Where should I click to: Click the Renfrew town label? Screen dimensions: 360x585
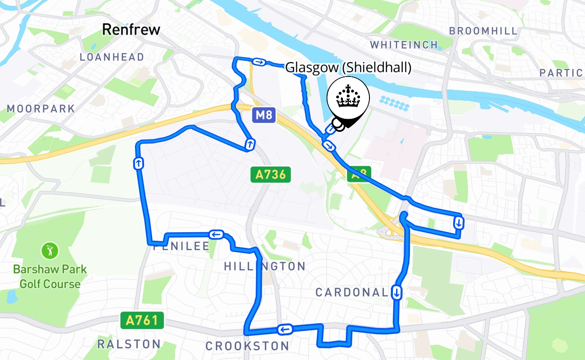click(x=131, y=30)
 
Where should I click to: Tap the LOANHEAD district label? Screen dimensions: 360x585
click(x=112, y=57)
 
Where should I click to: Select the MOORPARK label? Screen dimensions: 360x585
click(x=41, y=109)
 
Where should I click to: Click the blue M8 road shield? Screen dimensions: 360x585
click(x=263, y=116)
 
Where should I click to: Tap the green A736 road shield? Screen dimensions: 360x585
click(x=270, y=175)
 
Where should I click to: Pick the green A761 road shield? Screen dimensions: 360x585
click(x=142, y=320)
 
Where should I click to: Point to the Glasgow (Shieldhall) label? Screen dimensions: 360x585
click(x=349, y=67)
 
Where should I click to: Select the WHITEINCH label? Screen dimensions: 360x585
click(x=404, y=45)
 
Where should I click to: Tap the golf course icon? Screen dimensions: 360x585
click(x=49, y=250)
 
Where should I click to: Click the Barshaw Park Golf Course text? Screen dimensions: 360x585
click(x=49, y=276)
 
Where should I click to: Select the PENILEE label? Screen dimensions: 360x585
click(x=181, y=246)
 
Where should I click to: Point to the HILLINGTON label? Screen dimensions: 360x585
click(x=265, y=266)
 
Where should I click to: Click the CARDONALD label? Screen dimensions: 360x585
click(x=351, y=292)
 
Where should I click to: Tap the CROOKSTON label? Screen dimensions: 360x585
click(x=247, y=346)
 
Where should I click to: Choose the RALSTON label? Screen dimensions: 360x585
click(x=129, y=344)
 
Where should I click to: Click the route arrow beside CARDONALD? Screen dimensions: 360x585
click(x=396, y=292)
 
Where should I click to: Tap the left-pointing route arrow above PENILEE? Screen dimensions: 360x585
click(x=216, y=234)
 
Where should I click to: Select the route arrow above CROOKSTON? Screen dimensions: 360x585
click(x=285, y=330)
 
